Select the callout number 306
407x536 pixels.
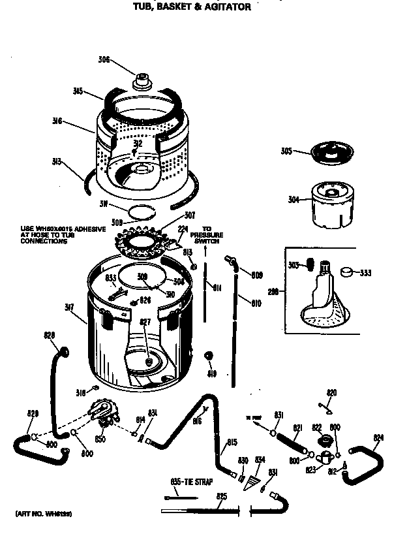104,60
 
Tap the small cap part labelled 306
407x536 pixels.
140,82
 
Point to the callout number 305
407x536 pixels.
286,151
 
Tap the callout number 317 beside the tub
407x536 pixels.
69,308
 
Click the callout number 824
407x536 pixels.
379,437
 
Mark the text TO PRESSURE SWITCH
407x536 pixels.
207,234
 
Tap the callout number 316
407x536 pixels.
57,120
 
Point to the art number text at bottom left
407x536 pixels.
44,514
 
